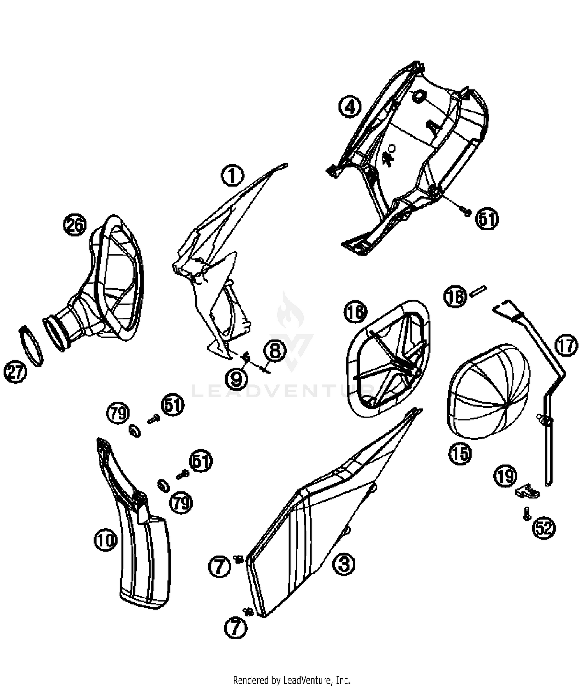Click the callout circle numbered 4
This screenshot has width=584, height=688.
click(350, 106)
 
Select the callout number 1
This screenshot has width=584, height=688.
click(232, 176)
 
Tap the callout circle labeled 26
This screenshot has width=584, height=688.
click(75, 226)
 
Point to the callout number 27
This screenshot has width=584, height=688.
click(15, 372)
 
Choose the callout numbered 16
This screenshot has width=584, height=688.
click(355, 312)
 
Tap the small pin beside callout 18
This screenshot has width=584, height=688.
click(478, 291)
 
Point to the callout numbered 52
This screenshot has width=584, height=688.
click(544, 528)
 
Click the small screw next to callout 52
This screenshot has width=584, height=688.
click(526, 513)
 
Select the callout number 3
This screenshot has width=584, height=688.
click(344, 564)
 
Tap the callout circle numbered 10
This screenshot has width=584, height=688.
click(106, 540)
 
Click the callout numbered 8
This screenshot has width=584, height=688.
click(275, 351)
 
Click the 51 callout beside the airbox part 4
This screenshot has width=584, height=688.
click(487, 219)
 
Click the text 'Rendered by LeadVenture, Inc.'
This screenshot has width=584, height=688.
click(292, 680)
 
